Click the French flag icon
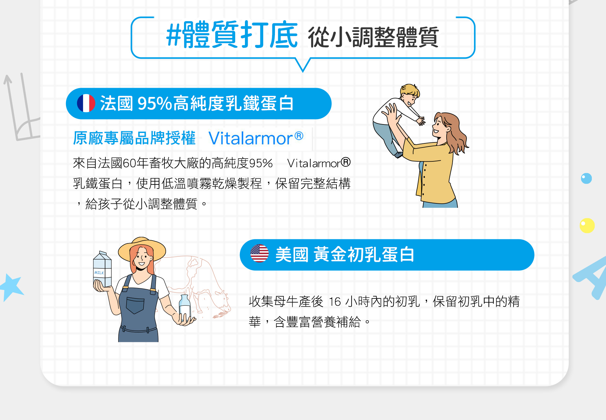coord(86,103)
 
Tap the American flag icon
coord(259,254)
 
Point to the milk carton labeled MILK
coord(102,269)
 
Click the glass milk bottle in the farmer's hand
coord(185,308)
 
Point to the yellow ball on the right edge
coord(587,225)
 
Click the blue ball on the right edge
coord(586,178)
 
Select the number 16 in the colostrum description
coord(335,302)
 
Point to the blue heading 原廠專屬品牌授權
coord(134,138)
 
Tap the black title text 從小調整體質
coord(373,37)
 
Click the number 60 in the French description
coord(129,163)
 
